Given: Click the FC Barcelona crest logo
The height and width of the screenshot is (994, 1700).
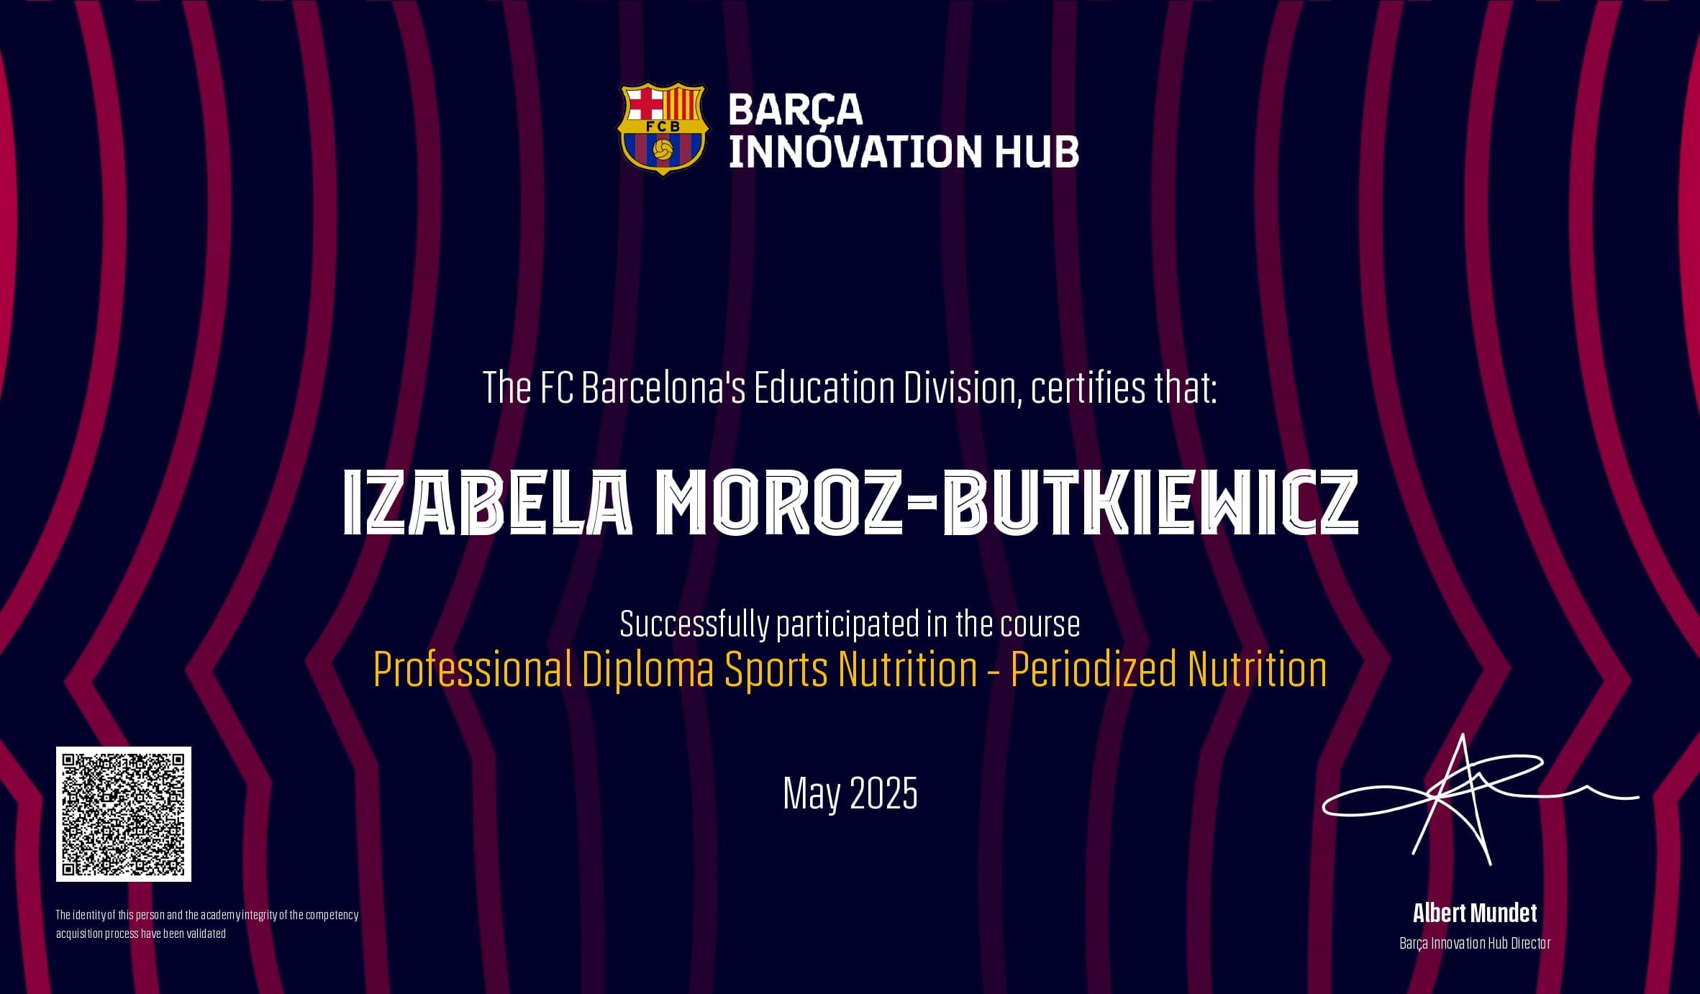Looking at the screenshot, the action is click(x=662, y=128).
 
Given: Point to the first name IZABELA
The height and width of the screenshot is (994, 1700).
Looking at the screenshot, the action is click(x=488, y=502).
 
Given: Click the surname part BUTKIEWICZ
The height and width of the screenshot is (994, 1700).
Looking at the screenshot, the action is click(x=1150, y=502).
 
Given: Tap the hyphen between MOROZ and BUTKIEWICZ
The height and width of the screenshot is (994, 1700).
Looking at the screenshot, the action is click(x=922, y=503).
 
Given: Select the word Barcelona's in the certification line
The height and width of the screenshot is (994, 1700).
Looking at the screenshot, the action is click(x=663, y=388).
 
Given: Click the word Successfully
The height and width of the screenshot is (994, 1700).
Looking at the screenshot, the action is click(x=694, y=624).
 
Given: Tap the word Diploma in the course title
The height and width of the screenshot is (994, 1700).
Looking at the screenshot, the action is click(x=647, y=670).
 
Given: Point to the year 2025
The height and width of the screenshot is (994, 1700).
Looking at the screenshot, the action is click(x=883, y=793).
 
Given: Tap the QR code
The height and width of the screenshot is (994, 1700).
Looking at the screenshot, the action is click(x=124, y=814).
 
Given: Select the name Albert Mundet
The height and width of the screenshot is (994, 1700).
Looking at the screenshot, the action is click(x=1475, y=913).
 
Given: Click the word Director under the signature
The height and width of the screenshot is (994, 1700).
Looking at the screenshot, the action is click(x=1530, y=943).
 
